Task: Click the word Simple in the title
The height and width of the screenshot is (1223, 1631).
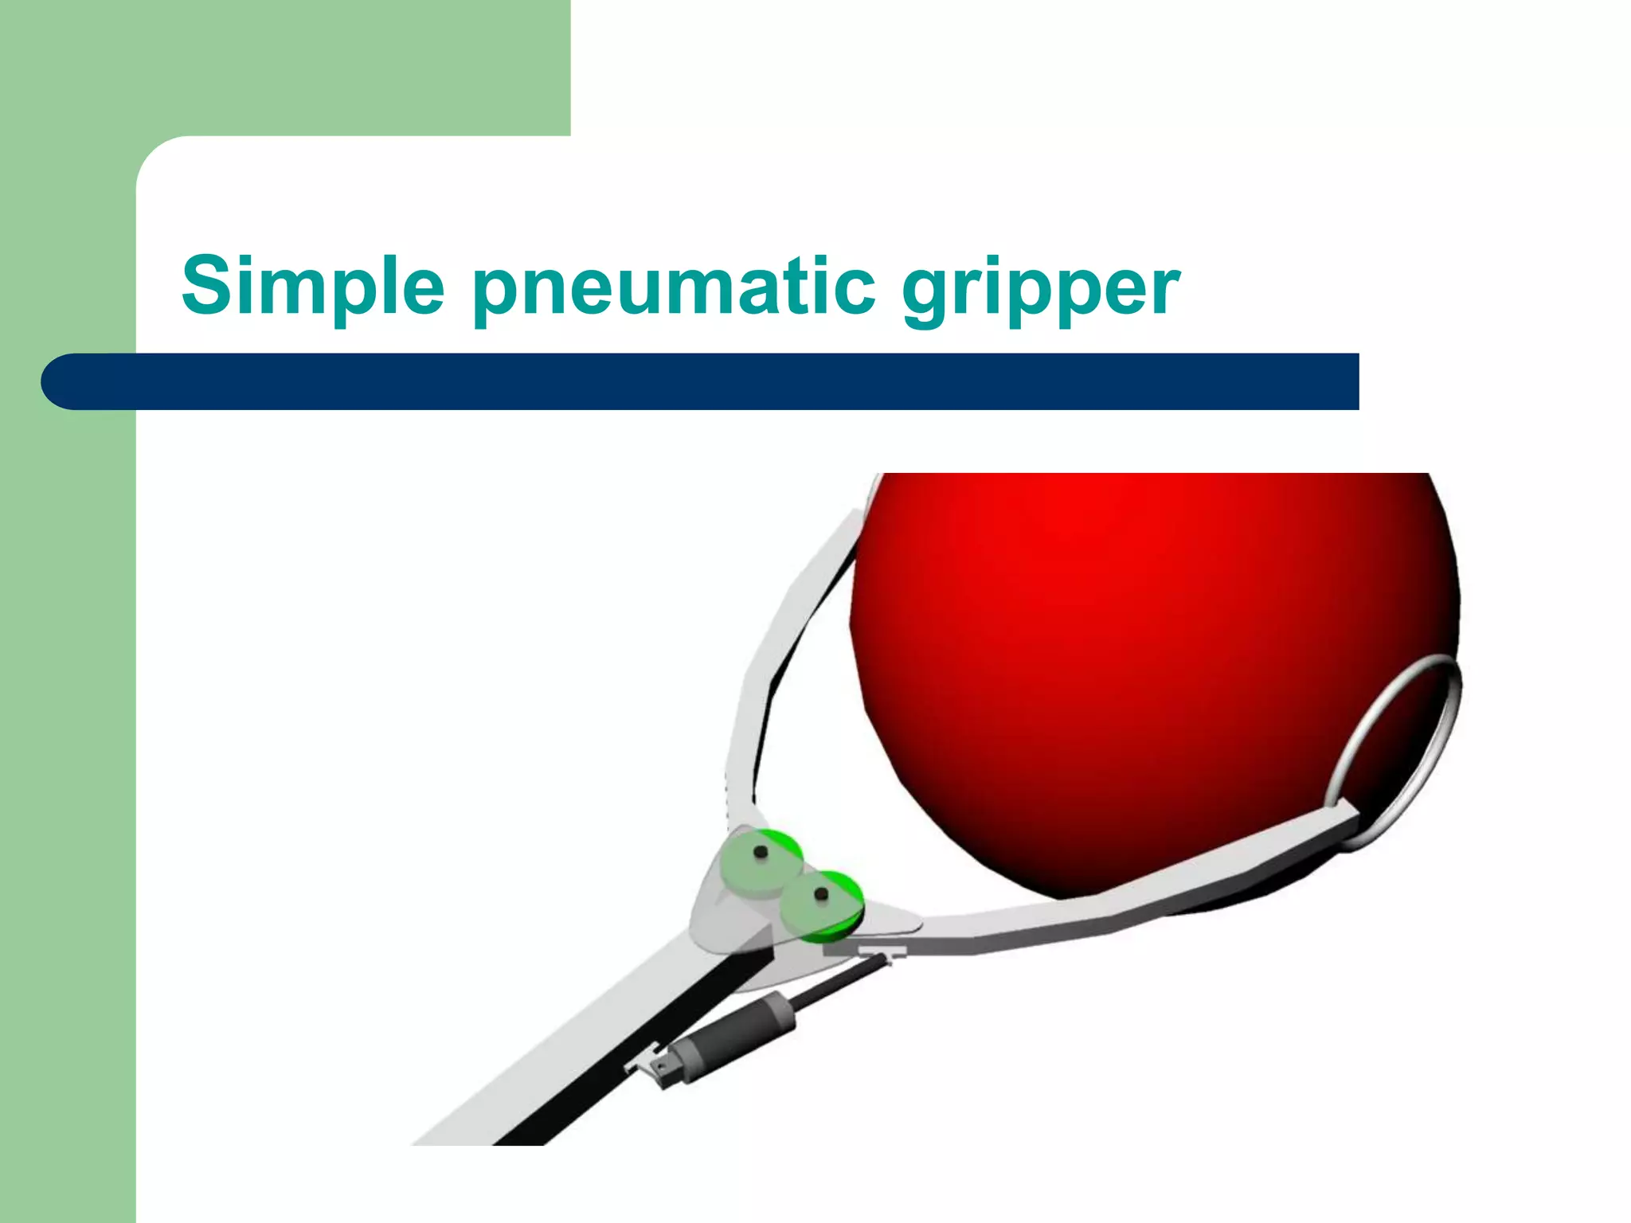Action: point(312,285)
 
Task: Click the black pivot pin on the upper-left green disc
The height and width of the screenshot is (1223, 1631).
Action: point(760,853)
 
